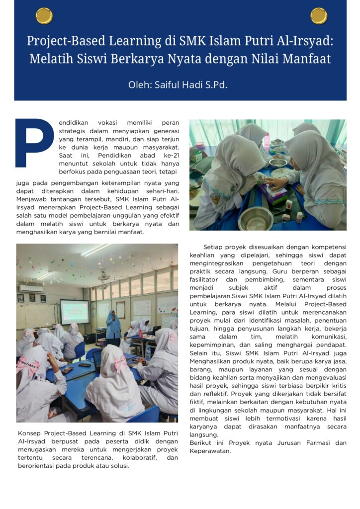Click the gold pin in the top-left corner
coord(44,16)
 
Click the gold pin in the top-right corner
coord(319,16)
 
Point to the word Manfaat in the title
coord(307,59)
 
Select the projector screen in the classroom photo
coord(75,312)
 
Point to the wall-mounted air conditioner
coord(31,288)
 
